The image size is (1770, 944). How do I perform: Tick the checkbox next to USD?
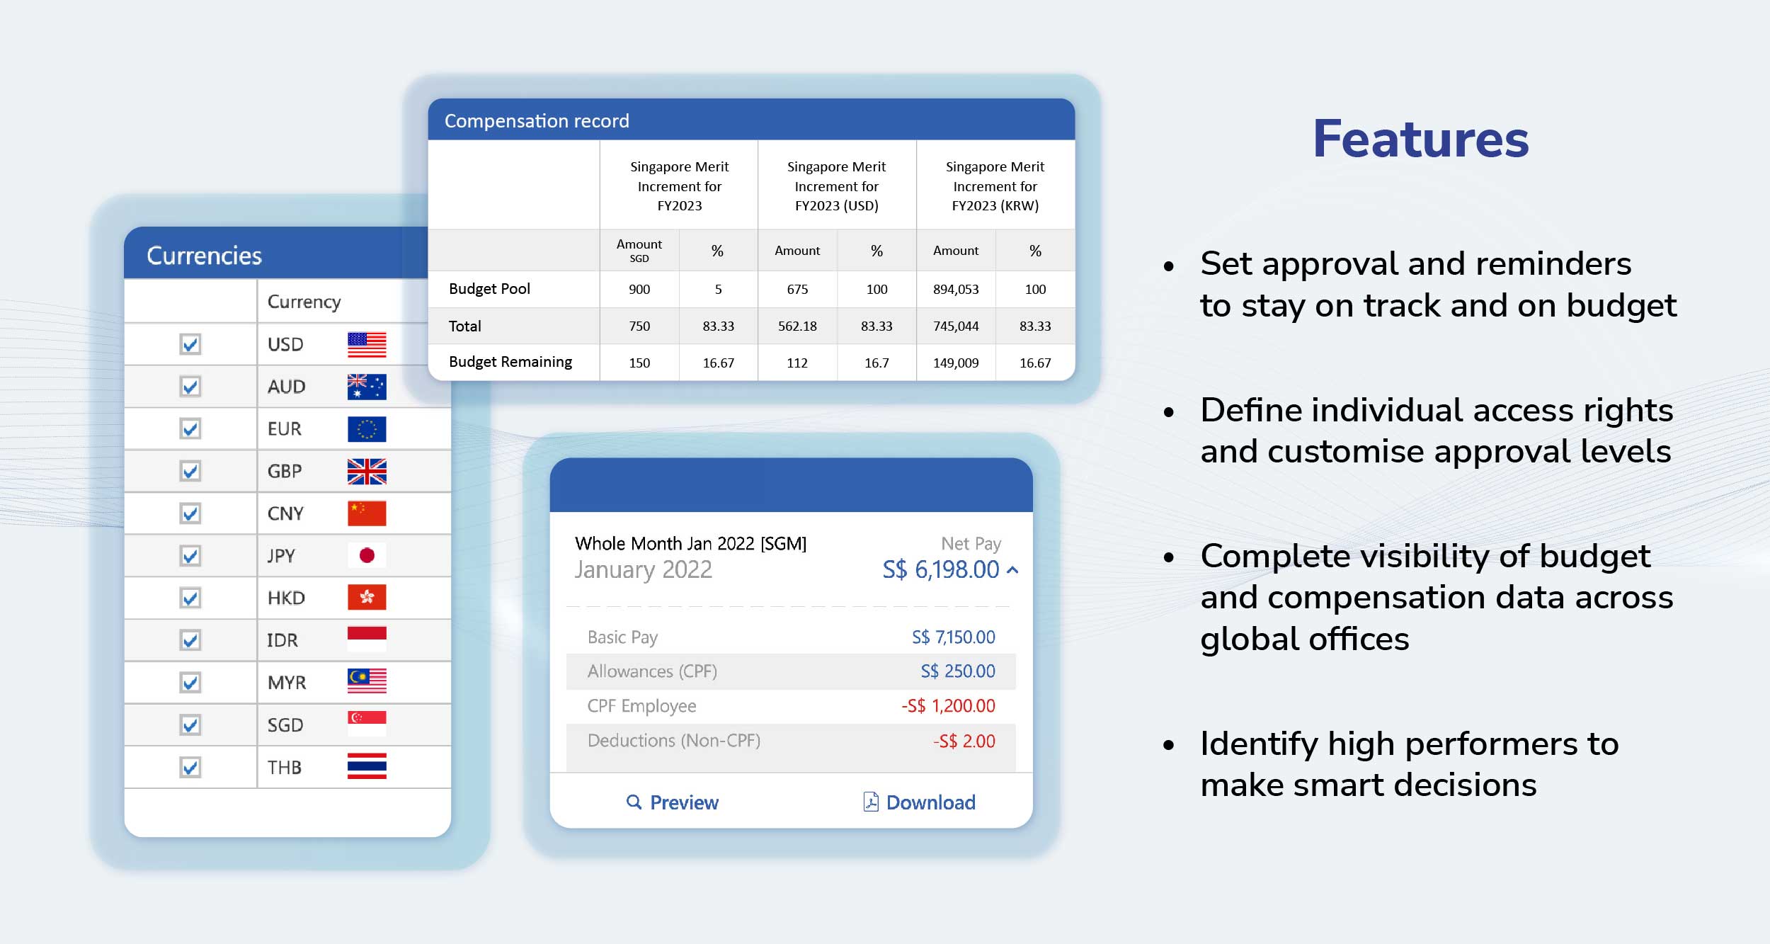tap(190, 344)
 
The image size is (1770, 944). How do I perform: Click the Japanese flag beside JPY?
tap(367, 555)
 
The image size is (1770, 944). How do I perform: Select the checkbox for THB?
tap(190, 767)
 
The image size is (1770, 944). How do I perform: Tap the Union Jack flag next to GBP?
tap(367, 471)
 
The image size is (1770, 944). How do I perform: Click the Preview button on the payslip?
tap(673, 802)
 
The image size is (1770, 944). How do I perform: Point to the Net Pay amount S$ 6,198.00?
tap(941, 569)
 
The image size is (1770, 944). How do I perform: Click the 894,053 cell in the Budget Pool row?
tap(956, 289)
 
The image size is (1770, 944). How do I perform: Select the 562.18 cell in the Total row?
tap(797, 326)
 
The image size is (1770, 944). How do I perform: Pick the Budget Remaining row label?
tap(510, 362)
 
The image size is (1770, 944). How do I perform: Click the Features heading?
tap(1421, 139)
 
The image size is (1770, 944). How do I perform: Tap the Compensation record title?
tap(537, 121)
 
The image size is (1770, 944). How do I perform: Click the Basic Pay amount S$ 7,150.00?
tap(954, 637)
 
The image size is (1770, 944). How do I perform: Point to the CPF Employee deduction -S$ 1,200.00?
tap(948, 706)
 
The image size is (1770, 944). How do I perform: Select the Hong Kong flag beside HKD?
tap(367, 598)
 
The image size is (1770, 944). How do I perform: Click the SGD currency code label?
tap(285, 725)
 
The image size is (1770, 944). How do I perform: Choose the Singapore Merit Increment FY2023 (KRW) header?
tap(995, 186)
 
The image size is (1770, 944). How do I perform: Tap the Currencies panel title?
tap(204, 255)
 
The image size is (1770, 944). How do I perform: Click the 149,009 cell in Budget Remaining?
tap(956, 363)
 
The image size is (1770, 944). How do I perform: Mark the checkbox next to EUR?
tap(190, 428)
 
